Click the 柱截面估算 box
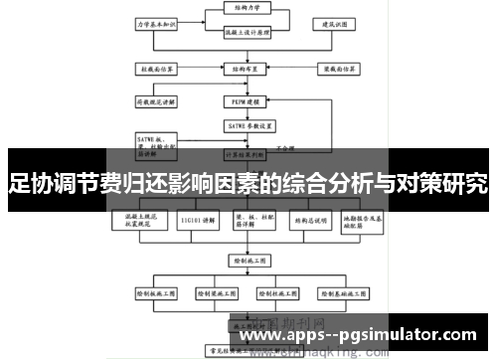pos(157,70)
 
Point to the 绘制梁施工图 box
pos(215,294)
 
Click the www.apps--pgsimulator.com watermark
pos(359,337)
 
